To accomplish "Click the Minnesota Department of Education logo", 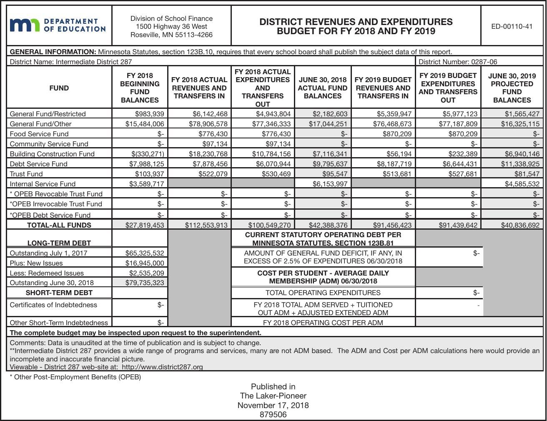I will [58, 25].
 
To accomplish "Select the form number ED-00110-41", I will [512, 26].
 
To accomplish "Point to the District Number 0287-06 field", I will [457, 62].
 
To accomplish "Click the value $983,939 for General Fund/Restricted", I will [150, 114].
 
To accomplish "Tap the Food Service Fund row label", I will [39, 134].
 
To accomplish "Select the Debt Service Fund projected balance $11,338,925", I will [520, 164].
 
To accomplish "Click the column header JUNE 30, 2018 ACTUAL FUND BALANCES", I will [322, 88].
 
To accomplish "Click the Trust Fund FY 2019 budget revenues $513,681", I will [394, 174].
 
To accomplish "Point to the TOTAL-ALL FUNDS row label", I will [59, 225].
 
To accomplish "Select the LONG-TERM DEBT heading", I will [59, 243].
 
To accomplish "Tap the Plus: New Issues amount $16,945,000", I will [145, 263].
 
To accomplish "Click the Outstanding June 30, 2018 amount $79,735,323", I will [145, 283].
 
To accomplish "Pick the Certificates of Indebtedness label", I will [53, 305].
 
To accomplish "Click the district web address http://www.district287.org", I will [162, 367].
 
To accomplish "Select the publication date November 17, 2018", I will [273, 405].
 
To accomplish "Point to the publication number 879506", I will [273, 414].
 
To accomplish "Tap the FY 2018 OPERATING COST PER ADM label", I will [323, 322].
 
